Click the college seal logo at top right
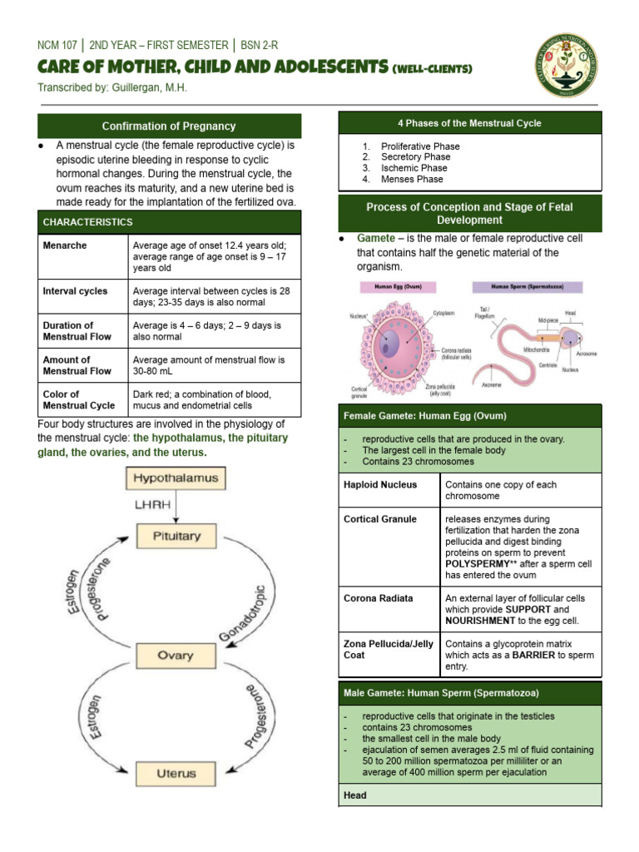[566, 66]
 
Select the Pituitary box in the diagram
[176, 537]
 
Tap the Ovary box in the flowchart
[176, 656]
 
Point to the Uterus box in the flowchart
[176, 774]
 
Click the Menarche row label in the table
[65, 245]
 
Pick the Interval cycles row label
[75, 291]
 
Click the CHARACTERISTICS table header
[87, 222]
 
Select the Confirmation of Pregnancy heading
[169, 126]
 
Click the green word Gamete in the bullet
[375, 239]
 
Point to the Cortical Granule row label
[379, 519]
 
